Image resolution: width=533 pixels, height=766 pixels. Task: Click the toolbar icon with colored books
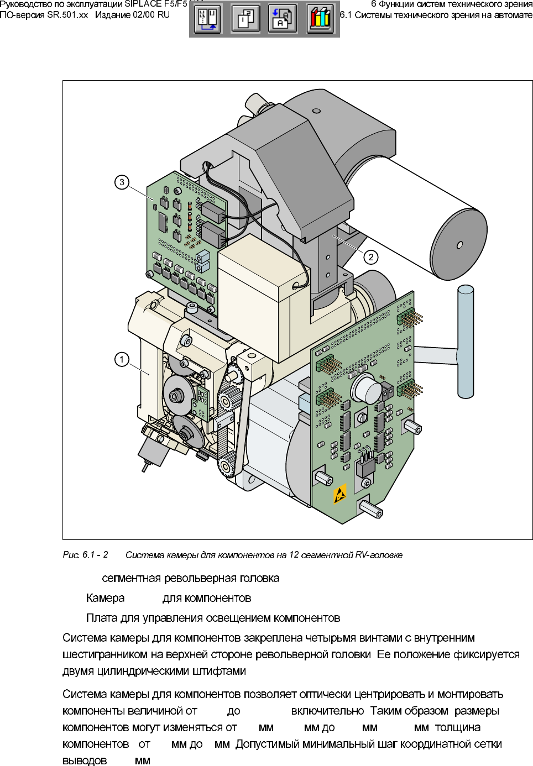pyautogui.click(x=320, y=19)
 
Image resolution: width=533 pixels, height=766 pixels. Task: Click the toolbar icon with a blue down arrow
pyautogui.click(x=283, y=19)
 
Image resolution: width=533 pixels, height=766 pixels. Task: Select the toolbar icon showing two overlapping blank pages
pyautogui.click(x=245, y=19)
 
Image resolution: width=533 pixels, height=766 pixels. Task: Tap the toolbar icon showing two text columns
pyautogui.click(x=208, y=19)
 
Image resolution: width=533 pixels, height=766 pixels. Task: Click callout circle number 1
pyautogui.click(x=122, y=360)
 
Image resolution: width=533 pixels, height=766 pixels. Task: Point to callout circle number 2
pyautogui.click(x=371, y=257)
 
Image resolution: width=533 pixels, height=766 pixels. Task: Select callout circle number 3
pyautogui.click(x=122, y=182)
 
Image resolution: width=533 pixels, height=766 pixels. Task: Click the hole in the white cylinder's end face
pyautogui.click(x=460, y=245)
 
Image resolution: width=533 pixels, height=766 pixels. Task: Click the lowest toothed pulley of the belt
pyautogui.click(x=227, y=468)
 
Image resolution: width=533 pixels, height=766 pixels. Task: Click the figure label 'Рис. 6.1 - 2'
pyautogui.click(x=85, y=554)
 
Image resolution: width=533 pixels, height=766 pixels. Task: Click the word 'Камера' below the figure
pyautogui.click(x=105, y=598)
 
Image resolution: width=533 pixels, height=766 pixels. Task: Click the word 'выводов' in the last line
pyautogui.click(x=85, y=760)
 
